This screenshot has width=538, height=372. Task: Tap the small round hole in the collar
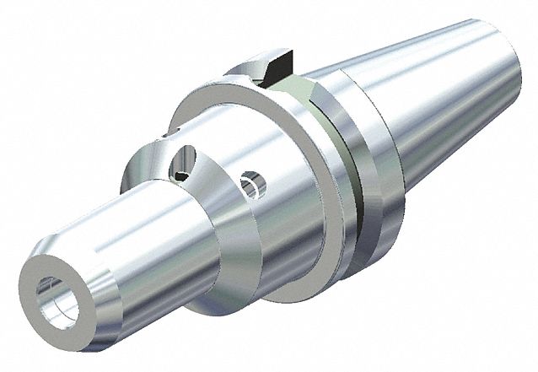click(250, 184)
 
